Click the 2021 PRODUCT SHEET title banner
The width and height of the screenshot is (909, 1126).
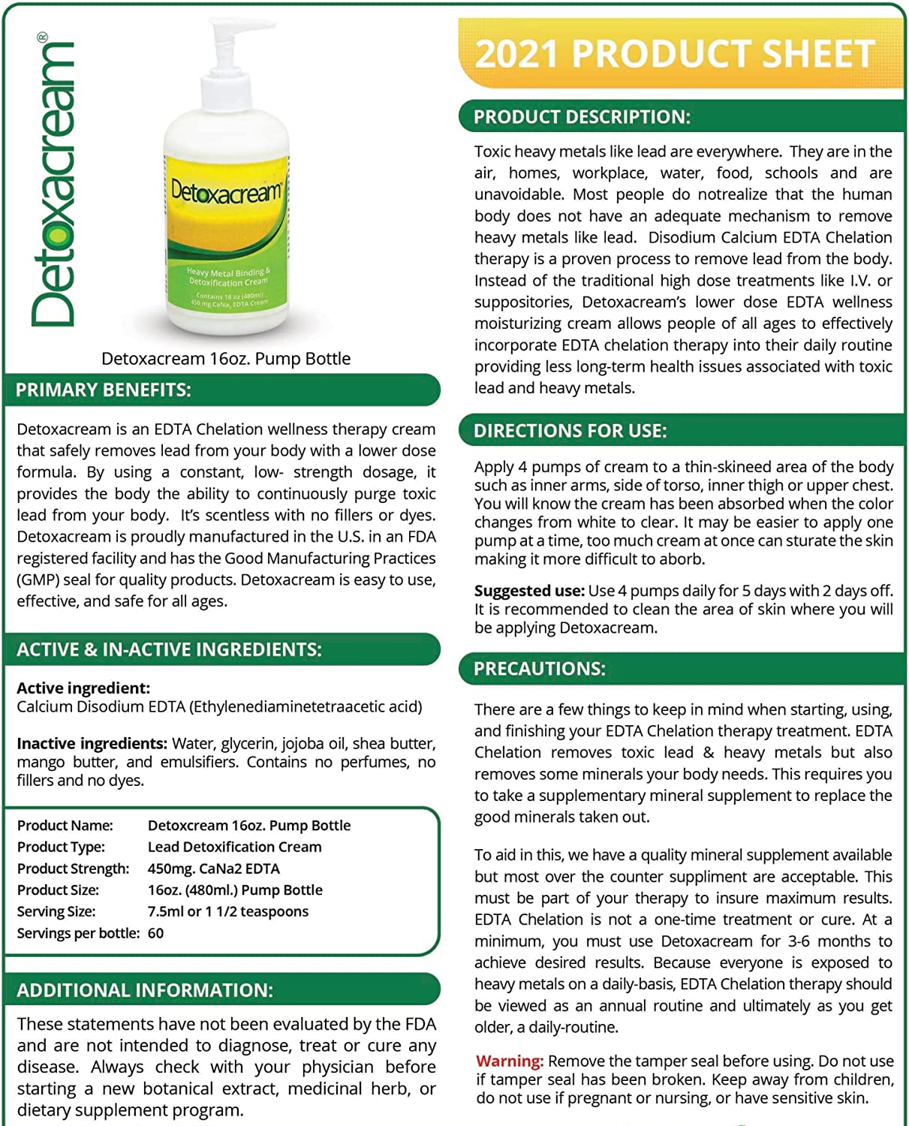coord(676,54)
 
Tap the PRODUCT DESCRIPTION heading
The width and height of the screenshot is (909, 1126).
coord(582,117)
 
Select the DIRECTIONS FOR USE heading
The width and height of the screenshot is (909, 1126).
coord(570,431)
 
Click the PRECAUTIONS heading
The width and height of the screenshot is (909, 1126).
coord(539,669)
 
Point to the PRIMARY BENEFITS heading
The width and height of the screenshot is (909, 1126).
coord(104,390)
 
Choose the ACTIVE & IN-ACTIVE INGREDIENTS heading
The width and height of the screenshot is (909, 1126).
coord(169,649)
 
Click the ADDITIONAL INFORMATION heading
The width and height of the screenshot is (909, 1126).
coord(145,990)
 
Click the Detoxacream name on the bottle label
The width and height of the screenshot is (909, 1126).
coord(226,191)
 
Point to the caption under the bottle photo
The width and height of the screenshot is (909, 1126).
coord(226,359)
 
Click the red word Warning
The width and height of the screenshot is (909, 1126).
coord(509,1061)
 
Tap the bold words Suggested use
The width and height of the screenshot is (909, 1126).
coord(529,591)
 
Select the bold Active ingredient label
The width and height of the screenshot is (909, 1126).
coord(83,688)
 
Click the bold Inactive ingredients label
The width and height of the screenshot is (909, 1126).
coord(92,744)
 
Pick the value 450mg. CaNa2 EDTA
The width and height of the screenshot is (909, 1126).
coord(213,869)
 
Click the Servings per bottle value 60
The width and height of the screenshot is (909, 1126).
coord(155,933)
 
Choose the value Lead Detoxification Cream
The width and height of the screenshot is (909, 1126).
coord(234,847)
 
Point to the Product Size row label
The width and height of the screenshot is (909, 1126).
coord(58,890)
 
